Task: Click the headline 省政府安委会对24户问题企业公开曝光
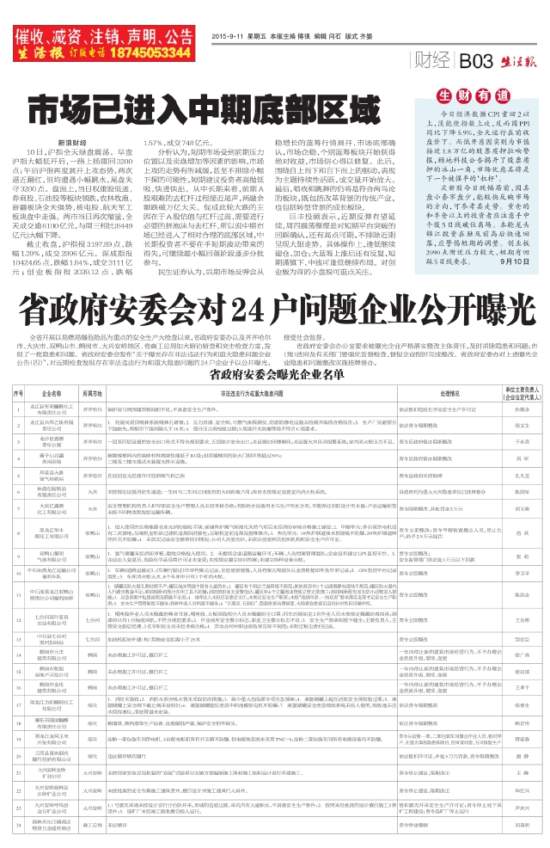[x=273, y=304]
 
